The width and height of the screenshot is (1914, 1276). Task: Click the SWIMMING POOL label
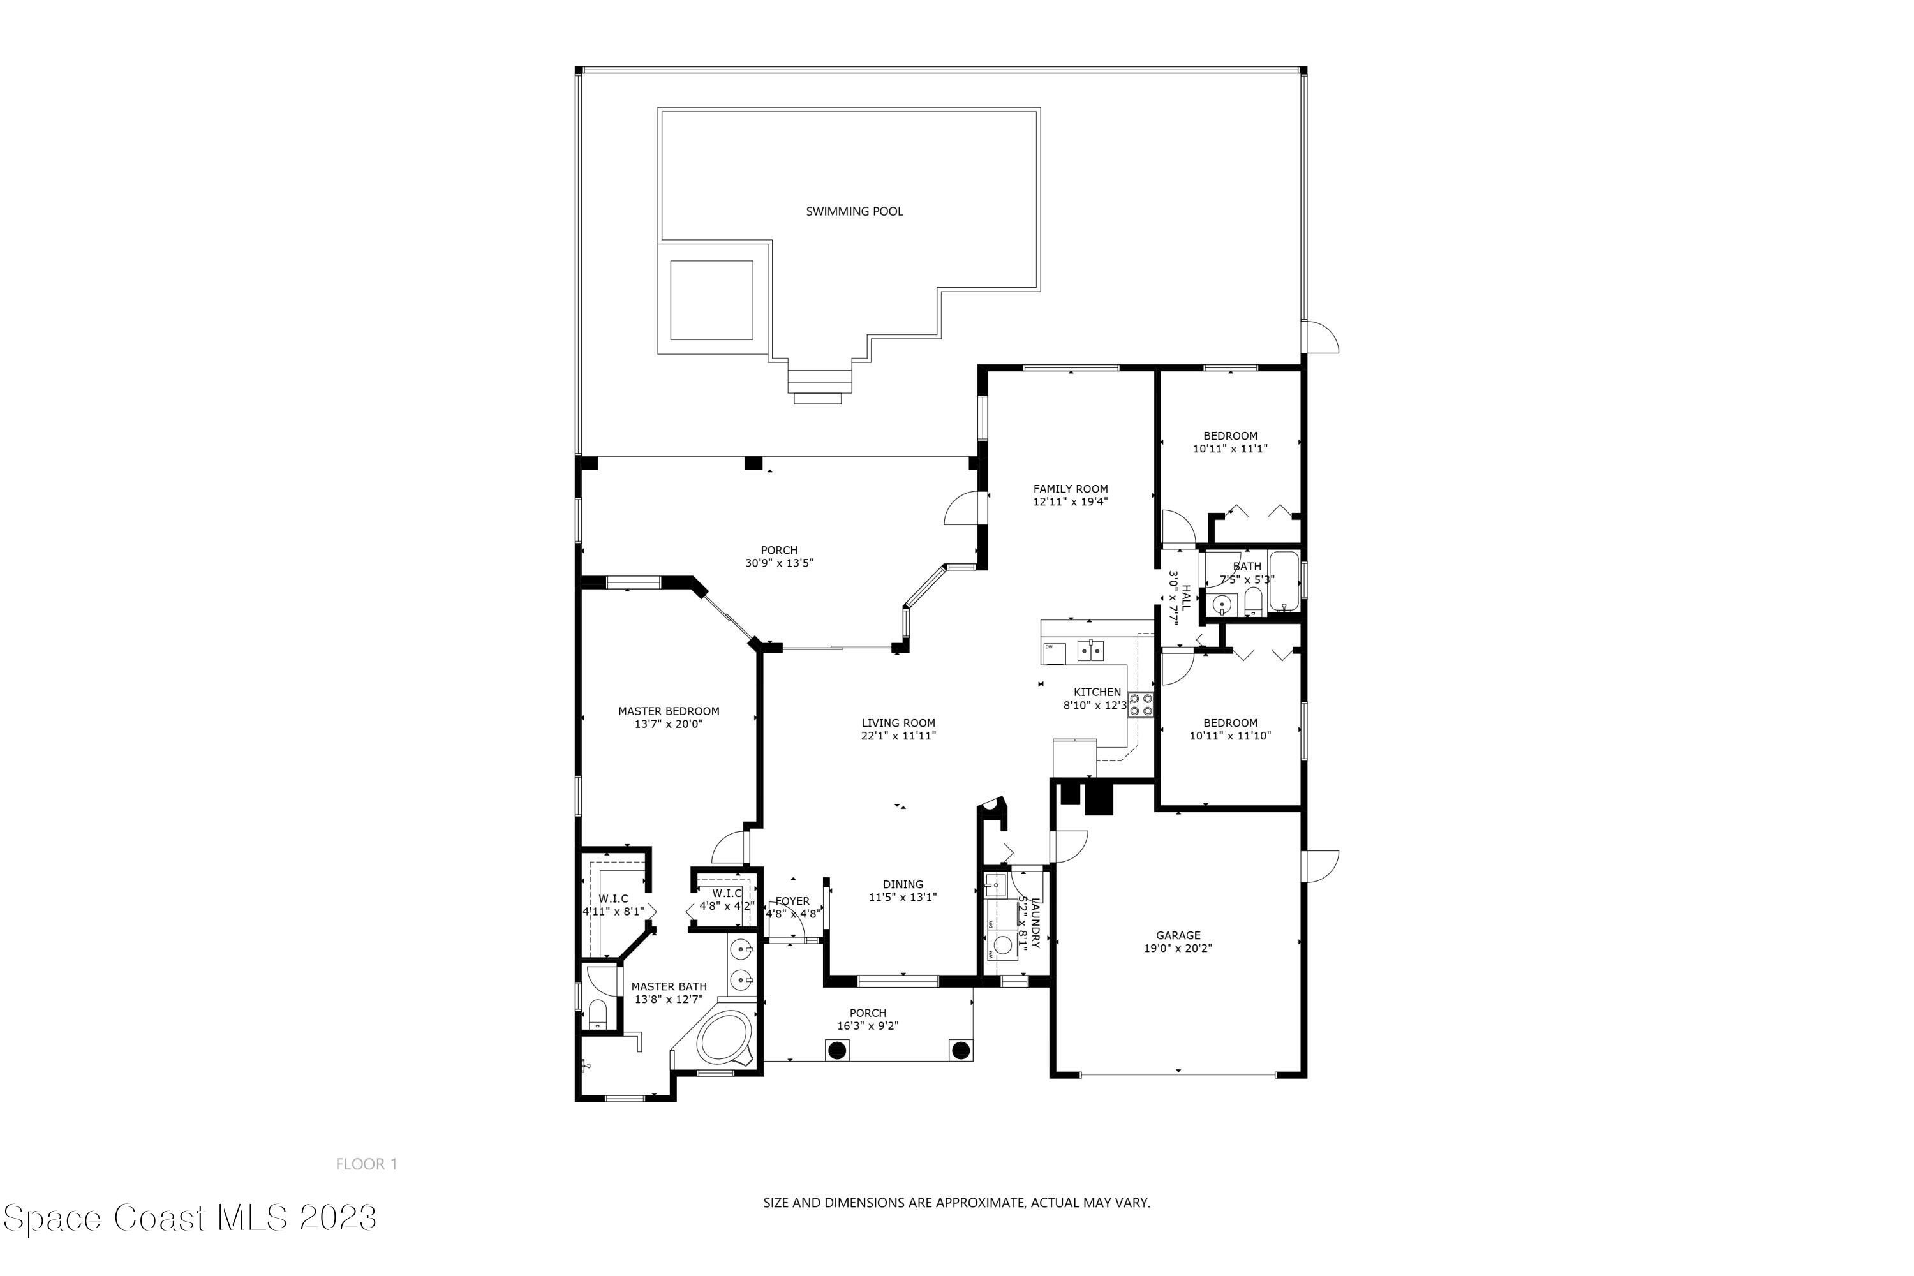[854, 212]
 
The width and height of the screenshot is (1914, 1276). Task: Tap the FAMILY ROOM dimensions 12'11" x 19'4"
[1070, 502]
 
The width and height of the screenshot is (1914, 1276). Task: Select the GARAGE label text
[1178, 936]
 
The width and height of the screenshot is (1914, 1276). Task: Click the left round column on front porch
[836, 1051]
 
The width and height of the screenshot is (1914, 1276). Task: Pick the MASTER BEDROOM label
[668, 711]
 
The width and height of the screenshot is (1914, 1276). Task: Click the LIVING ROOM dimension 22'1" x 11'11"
[898, 736]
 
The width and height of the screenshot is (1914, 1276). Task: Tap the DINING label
[903, 884]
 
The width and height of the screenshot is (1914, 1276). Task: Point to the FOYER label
[792, 901]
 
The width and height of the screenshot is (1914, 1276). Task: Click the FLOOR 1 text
[366, 1164]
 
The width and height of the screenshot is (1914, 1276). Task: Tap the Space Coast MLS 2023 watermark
[189, 1218]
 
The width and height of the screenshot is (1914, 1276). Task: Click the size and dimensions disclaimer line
[956, 1203]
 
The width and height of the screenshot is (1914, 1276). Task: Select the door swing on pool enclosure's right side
[1320, 337]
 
